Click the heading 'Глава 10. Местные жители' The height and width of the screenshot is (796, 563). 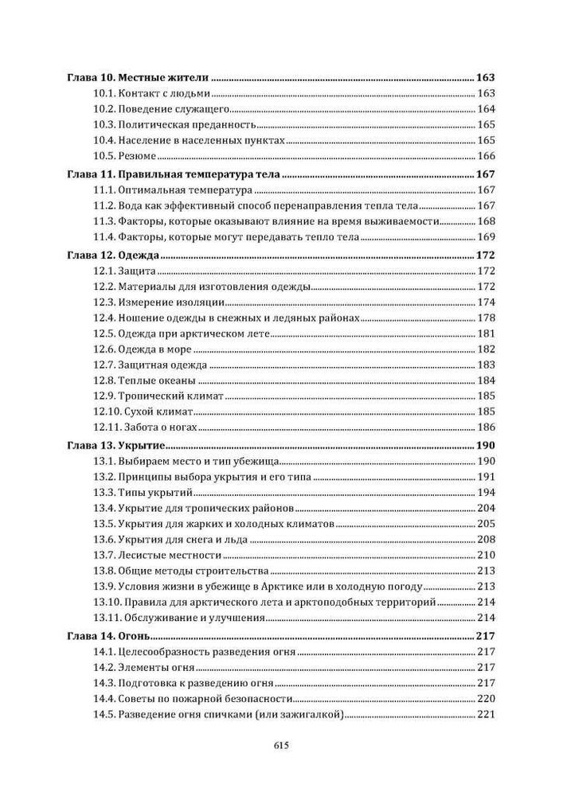pos(136,78)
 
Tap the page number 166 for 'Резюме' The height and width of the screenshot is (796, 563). pos(486,156)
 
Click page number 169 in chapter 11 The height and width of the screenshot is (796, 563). pos(486,237)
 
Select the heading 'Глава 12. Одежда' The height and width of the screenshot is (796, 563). pos(114,256)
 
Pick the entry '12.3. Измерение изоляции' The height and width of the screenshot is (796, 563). pos(159,302)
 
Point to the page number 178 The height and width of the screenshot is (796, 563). pos(486,318)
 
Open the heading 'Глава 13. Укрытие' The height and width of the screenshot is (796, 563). pos(115,446)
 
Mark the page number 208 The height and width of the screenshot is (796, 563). pos(486,540)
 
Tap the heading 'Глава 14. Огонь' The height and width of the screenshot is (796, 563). pos(109,636)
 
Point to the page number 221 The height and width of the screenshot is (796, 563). pos(486,715)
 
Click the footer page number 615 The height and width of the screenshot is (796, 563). pos(280,746)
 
